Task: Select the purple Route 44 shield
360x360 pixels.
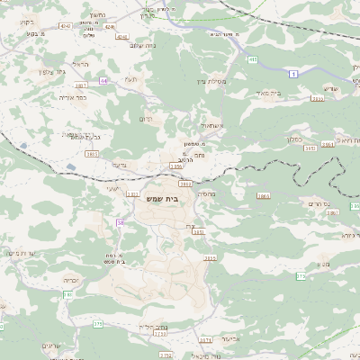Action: coord(104,81)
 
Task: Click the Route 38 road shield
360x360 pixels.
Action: coord(120,221)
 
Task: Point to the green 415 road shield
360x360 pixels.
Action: coord(253,59)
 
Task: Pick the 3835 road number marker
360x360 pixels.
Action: coord(317,99)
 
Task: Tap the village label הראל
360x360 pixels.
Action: coord(80,65)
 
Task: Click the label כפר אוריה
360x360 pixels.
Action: coord(71,96)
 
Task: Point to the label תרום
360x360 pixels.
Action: coord(146,118)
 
